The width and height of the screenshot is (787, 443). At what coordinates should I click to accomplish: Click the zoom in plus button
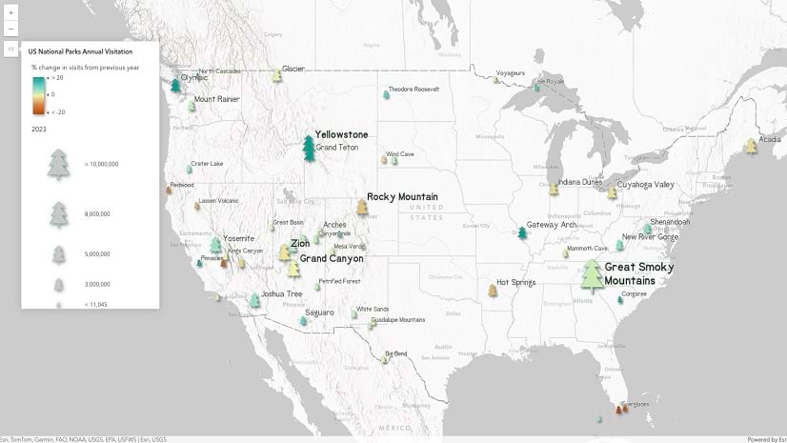pyautogui.click(x=11, y=12)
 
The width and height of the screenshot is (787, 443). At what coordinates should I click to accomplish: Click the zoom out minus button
pyautogui.click(x=11, y=29)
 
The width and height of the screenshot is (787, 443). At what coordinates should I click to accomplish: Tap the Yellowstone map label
pyautogui.click(x=341, y=134)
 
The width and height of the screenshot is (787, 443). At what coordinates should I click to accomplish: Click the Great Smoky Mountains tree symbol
pyautogui.click(x=593, y=275)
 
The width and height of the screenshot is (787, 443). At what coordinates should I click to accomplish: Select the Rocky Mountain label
pyautogui.click(x=402, y=197)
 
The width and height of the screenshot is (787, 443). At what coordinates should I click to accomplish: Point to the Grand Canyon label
pyautogui.click(x=332, y=258)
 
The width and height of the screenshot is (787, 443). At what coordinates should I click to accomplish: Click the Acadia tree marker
pyautogui.click(x=751, y=146)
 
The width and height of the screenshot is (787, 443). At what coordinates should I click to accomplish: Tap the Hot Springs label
pyautogui.click(x=515, y=283)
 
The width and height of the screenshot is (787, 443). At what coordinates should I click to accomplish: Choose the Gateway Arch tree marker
pyautogui.click(x=522, y=232)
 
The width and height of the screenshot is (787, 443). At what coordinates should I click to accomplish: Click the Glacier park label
pyautogui.click(x=293, y=69)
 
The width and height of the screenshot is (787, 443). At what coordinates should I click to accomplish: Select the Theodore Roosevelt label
pyautogui.click(x=414, y=90)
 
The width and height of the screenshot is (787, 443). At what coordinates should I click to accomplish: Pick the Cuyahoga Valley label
pyautogui.click(x=645, y=185)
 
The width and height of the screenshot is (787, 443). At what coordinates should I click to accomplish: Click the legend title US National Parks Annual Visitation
pyautogui.click(x=80, y=50)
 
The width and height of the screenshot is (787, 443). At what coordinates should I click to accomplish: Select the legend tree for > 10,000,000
pyautogui.click(x=59, y=164)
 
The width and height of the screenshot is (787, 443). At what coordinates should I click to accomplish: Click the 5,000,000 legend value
pyautogui.click(x=98, y=254)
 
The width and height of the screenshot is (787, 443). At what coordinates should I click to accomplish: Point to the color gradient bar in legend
pyautogui.click(x=38, y=94)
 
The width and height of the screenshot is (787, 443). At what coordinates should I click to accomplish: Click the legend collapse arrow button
pyautogui.click(x=10, y=50)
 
